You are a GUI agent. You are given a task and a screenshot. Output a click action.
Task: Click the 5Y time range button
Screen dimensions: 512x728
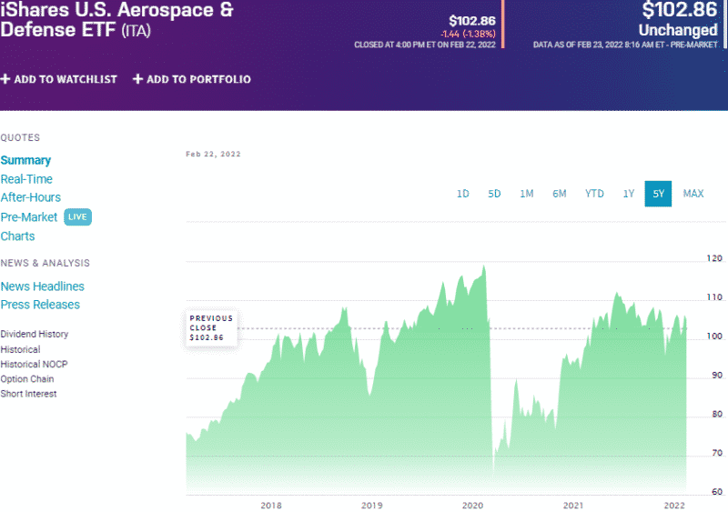(658, 194)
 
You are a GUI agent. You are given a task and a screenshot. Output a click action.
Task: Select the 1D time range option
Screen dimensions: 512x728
(462, 194)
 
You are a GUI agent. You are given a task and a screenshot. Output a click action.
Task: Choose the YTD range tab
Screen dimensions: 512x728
(594, 194)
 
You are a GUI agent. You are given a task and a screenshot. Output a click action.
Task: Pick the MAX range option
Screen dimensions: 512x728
(693, 194)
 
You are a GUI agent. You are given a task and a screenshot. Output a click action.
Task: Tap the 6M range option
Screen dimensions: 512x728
(560, 194)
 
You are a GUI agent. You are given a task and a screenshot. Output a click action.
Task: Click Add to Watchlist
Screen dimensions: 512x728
(59, 79)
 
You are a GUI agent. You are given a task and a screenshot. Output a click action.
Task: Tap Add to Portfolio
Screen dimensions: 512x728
(192, 79)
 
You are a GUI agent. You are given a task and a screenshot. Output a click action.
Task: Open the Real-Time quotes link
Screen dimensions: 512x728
(26, 179)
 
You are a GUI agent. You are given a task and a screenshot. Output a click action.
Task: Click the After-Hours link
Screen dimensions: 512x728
(31, 197)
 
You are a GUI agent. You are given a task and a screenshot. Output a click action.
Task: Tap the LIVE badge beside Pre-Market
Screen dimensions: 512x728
(78, 217)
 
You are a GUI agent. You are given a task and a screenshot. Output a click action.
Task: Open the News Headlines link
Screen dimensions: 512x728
(43, 286)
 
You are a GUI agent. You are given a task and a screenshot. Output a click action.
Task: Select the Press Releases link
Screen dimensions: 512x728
(40, 305)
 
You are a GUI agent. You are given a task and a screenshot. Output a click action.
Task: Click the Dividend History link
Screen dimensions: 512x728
(35, 334)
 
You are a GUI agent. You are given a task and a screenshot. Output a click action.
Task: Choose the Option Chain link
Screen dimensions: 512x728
(27, 379)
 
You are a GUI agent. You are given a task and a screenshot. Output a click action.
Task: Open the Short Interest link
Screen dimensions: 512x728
(28, 394)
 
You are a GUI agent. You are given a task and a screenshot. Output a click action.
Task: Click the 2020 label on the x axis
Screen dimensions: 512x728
(472, 505)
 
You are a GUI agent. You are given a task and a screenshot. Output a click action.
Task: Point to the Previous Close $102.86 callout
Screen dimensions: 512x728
(211, 328)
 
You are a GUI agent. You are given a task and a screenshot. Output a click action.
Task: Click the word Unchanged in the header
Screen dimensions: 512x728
(679, 30)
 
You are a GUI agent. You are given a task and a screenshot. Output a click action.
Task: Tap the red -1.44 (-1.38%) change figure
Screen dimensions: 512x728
(468, 33)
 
